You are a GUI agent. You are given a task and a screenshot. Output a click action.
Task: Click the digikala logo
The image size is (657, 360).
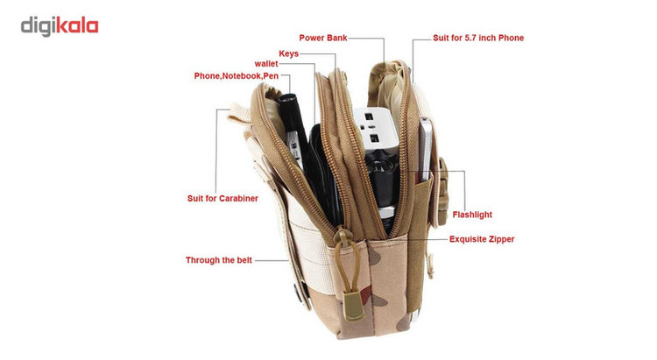click(60, 26)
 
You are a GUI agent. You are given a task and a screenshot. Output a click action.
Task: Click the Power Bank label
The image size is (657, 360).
click(323, 38)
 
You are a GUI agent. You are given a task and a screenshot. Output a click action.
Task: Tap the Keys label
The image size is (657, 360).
click(289, 53)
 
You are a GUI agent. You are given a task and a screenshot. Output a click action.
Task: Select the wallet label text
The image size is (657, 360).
click(266, 64)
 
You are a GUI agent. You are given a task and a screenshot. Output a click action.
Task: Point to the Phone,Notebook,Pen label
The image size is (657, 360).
click(237, 76)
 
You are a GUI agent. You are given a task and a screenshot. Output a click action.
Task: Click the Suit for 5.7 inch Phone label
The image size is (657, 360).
click(478, 38)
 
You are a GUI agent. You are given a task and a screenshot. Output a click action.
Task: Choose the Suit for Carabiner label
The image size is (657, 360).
click(223, 198)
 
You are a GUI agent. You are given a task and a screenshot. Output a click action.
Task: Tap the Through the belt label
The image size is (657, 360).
click(219, 260)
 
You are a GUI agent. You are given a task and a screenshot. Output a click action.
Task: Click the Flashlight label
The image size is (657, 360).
click(472, 215)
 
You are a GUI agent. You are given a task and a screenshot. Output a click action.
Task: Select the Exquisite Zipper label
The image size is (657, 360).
click(482, 239)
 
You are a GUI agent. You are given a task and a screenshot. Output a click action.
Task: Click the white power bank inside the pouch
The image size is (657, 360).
click(375, 131)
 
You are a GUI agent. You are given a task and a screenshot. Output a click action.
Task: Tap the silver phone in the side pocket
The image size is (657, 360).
click(425, 150)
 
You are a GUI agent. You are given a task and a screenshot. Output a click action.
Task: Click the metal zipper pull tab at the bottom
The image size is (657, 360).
click(353, 307)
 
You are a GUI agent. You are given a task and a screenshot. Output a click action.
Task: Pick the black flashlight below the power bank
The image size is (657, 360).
click(382, 185)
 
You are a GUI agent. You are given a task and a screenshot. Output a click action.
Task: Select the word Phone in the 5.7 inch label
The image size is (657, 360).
click(511, 38)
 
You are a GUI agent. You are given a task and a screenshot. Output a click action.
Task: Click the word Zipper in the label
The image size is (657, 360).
click(502, 239)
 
